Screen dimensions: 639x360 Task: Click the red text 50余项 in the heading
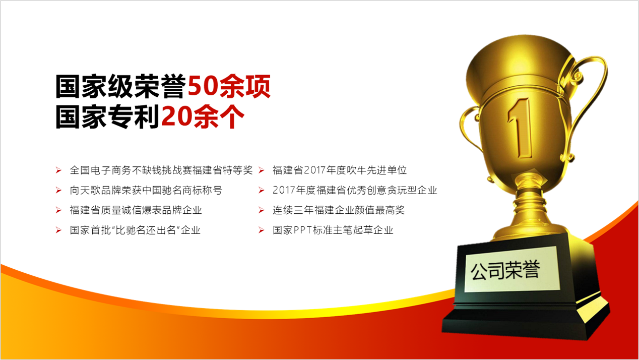point(229,86)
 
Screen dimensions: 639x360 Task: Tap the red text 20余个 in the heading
point(203,116)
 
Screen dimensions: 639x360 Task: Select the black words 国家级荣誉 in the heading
point(121,86)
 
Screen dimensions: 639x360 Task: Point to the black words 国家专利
point(107,116)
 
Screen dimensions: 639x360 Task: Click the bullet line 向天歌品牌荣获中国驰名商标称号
point(146,190)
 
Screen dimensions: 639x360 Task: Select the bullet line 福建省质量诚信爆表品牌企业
point(136,210)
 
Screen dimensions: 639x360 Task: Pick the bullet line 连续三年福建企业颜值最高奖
point(339,210)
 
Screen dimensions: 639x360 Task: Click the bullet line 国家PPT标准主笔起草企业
point(333,230)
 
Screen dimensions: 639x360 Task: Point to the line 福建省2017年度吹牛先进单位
point(340,170)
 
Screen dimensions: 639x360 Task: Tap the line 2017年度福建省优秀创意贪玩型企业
point(355,190)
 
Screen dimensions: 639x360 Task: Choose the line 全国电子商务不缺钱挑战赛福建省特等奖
point(161,170)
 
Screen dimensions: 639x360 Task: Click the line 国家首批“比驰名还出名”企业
point(135,230)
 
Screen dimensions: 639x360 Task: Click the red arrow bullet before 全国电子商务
point(58,170)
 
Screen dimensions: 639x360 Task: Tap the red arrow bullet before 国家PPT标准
point(262,230)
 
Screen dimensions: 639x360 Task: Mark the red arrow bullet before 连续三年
point(262,210)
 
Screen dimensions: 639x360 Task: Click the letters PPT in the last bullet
point(302,230)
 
